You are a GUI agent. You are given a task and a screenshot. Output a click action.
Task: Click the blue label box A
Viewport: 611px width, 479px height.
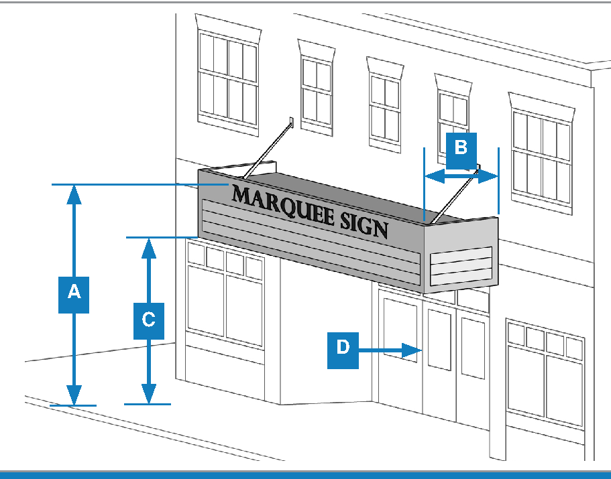point(74,292)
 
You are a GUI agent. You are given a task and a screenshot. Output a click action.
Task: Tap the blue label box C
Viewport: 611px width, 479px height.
point(149,319)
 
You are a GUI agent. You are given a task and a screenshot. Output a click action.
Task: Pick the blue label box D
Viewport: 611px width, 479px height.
point(343,349)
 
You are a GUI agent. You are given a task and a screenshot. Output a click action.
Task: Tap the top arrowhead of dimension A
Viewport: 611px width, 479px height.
point(74,194)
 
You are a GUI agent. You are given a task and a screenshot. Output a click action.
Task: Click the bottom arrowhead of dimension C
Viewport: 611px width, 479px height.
point(149,395)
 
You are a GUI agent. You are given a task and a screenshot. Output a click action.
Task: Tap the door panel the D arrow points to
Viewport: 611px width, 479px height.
point(439,338)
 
